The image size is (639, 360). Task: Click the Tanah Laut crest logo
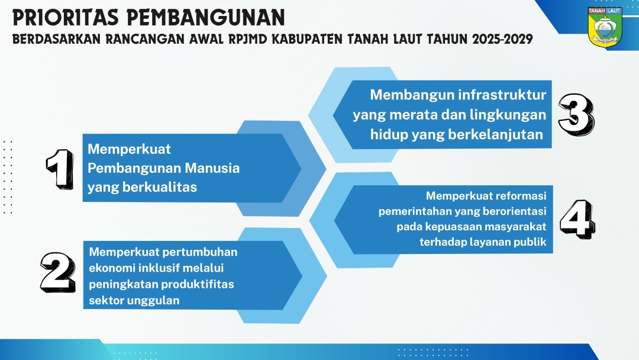click(605, 27)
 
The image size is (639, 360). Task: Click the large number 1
click(60, 169)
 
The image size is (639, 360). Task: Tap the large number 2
click(58, 272)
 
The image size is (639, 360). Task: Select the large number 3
click(576, 114)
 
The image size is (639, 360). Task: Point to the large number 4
click(577, 219)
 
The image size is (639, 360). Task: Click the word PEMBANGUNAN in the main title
click(206, 18)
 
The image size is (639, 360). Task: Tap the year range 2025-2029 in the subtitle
click(502, 39)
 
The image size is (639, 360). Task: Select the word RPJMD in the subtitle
click(247, 39)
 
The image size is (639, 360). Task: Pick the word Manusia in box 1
click(212, 168)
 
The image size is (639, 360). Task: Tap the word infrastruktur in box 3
click(502, 95)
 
